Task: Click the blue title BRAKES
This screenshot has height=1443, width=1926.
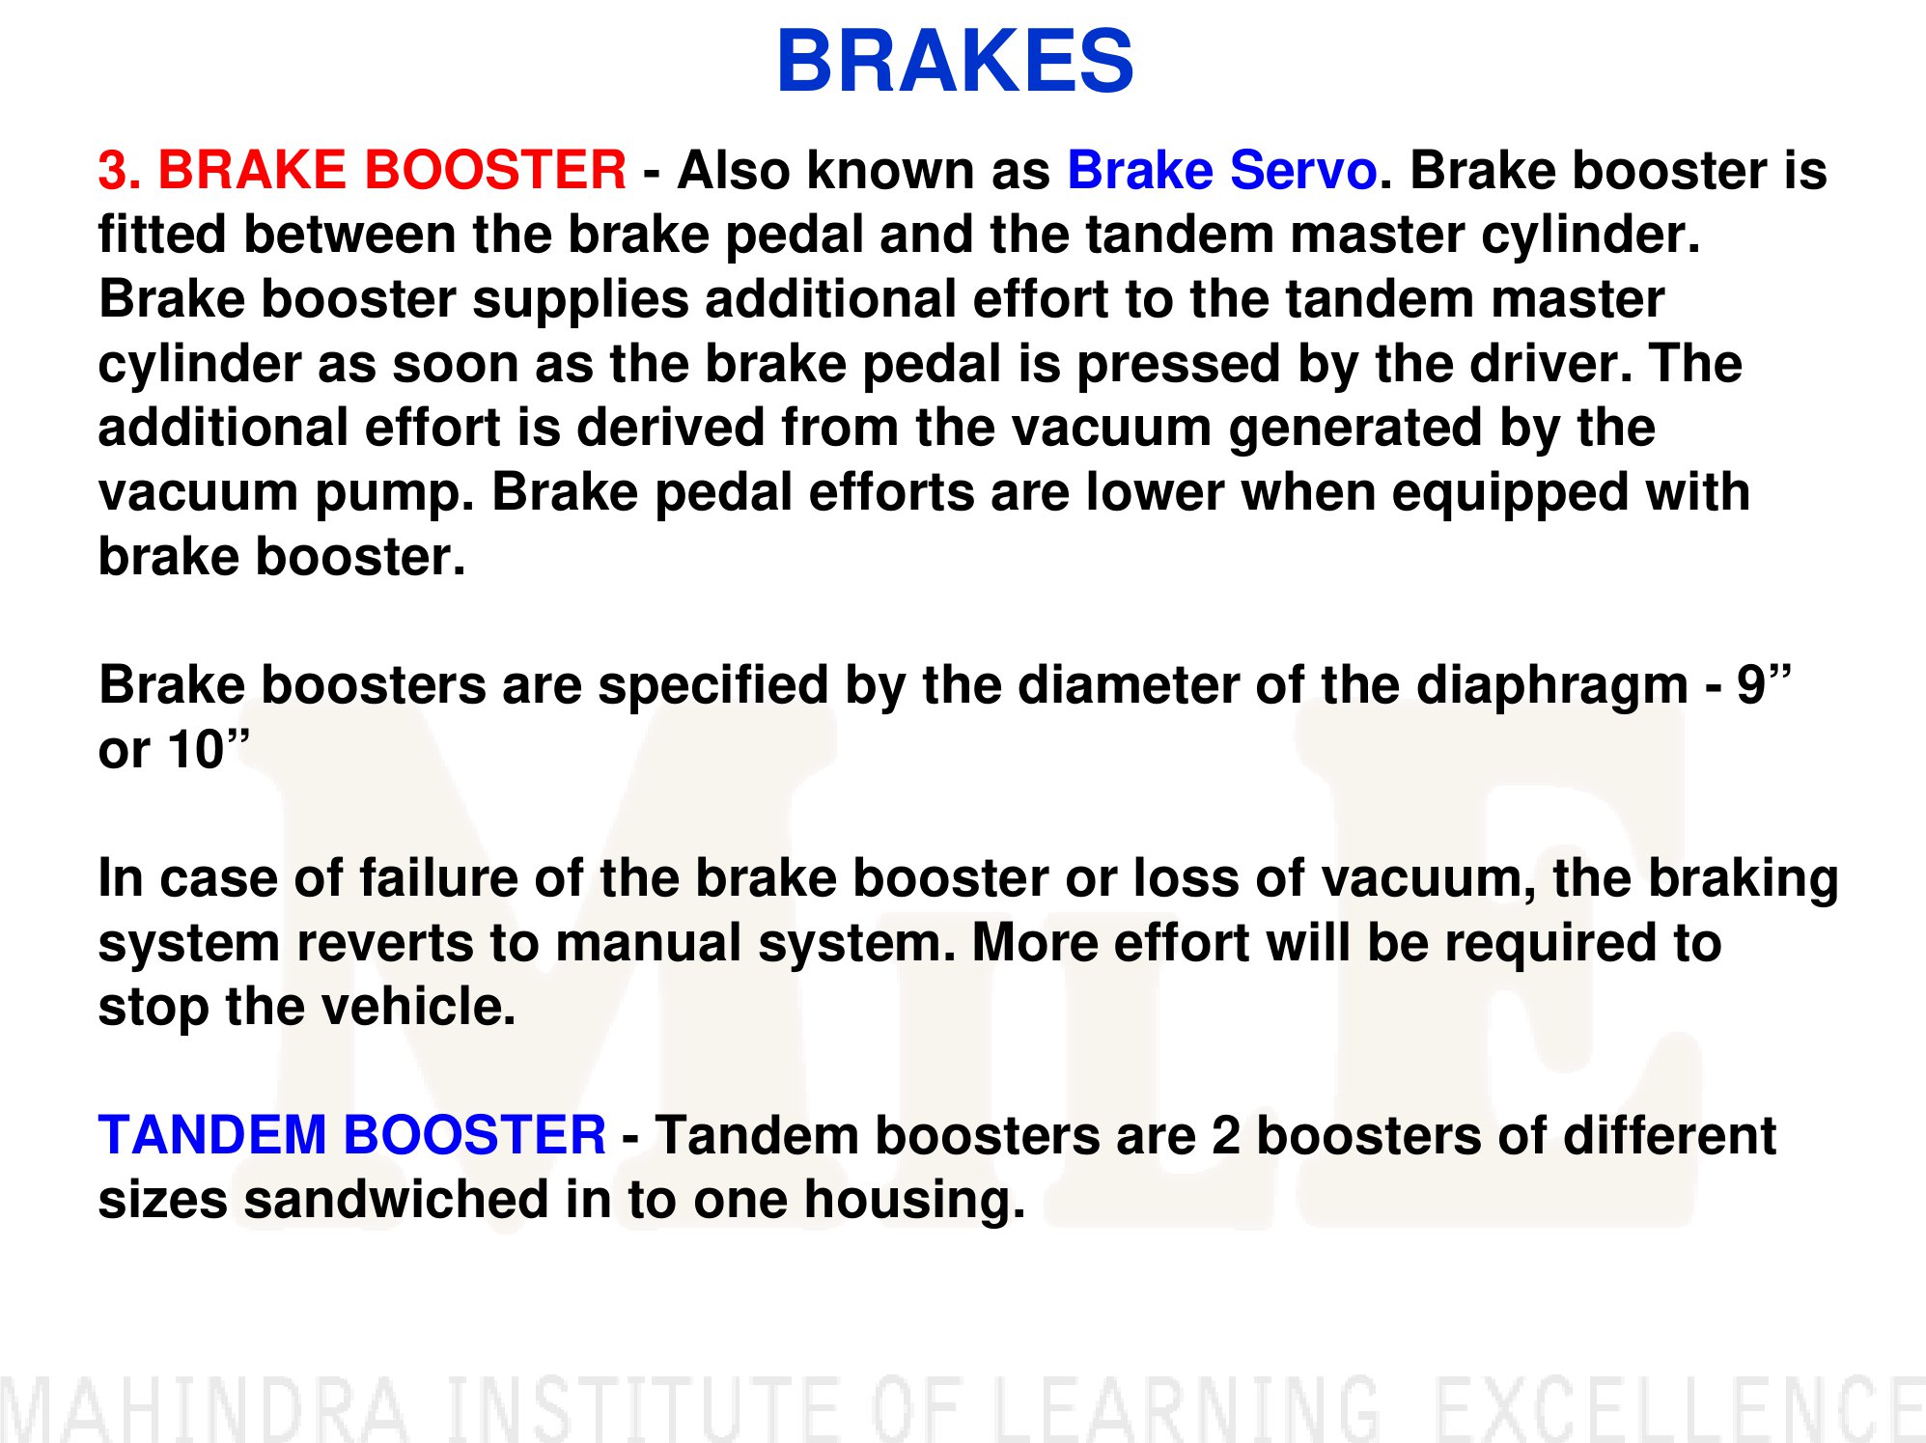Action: pyautogui.click(x=955, y=61)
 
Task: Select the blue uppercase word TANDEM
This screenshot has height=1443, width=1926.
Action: pyautogui.click(x=211, y=1135)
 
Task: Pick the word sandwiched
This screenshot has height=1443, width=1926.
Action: pyautogui.click(x=396, y=1200)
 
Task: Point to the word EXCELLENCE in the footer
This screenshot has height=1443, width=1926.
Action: pyautogui.click(x=1678, y=1409)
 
